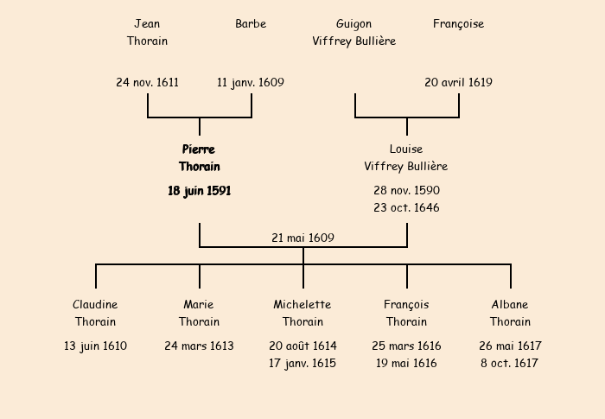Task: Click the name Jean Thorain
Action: (x=147, y=32)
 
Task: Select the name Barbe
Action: (x=251, y=23)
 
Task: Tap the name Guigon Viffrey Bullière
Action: (x=354, y=32)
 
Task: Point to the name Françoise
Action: (x=458, y=23)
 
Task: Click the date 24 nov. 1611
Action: (x=148, y=83)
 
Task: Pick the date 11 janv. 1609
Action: (x=251, y=83)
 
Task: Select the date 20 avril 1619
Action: (x=458, y=83)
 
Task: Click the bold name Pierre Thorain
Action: (x=200, y=158)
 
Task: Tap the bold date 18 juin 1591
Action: (x=200, y=191)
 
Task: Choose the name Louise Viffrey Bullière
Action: (x=406, y=158)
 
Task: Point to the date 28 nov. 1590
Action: (x=406, y=190)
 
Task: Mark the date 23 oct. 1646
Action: (x=406, y=207)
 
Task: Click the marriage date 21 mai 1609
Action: (x=302, y=238)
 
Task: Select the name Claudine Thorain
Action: (x=95, y=314)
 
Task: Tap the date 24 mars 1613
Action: (x=199, y=346)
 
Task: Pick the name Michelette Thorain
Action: (x=302, y=314)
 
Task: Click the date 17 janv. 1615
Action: (x=302, y=364)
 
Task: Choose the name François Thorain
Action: (x=406, y=314)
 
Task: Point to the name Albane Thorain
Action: (x=510, y=314)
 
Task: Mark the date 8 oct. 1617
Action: (x=510, y=364)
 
